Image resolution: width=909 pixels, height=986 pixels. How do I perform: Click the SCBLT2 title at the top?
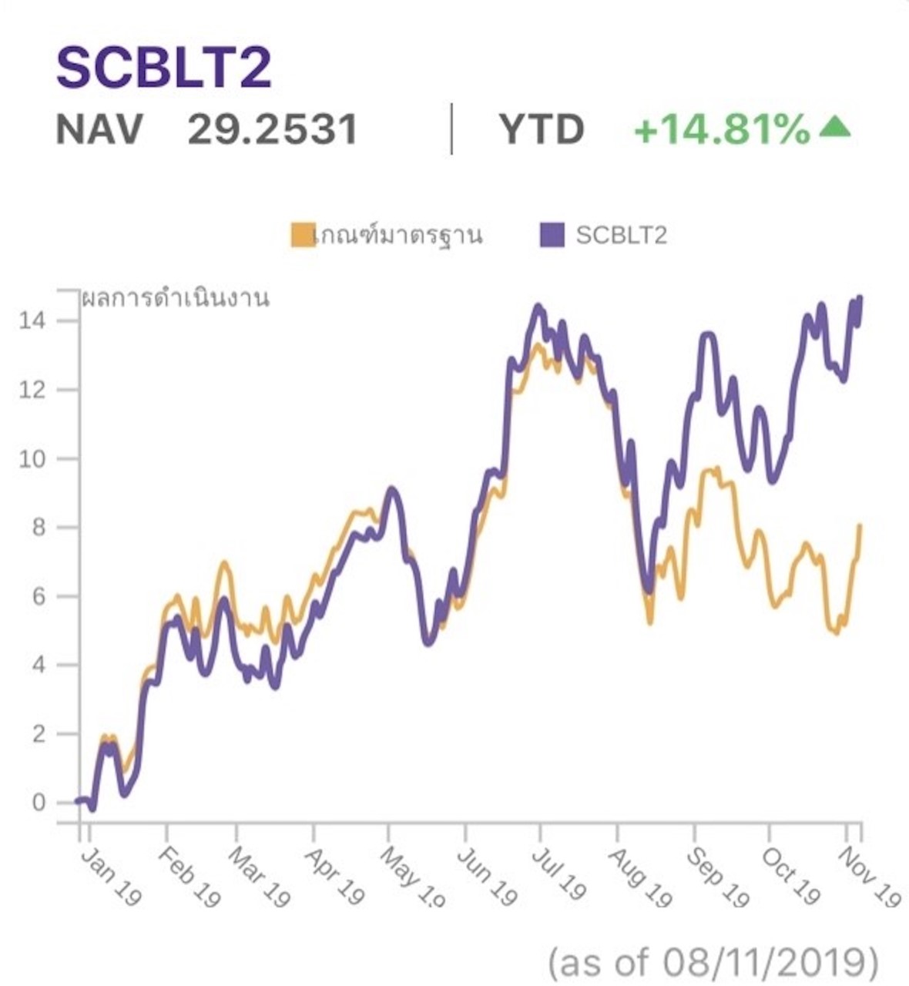164,68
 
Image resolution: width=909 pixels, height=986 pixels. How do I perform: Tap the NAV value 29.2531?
273,129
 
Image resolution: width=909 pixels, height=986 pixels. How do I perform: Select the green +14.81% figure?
722,129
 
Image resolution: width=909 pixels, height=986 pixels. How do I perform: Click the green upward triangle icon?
834,127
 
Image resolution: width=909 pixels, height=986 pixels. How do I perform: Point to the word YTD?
542,129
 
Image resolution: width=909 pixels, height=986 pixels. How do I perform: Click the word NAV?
99,129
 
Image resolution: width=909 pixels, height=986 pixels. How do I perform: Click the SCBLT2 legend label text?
621,235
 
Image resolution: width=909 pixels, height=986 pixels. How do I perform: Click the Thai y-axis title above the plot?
176,299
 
